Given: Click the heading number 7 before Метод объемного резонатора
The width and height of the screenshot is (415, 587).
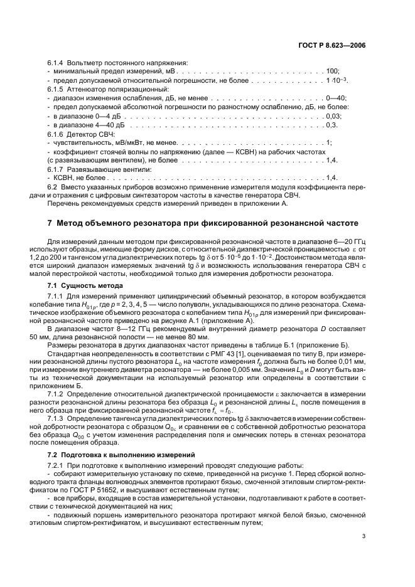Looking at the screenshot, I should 50,223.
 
